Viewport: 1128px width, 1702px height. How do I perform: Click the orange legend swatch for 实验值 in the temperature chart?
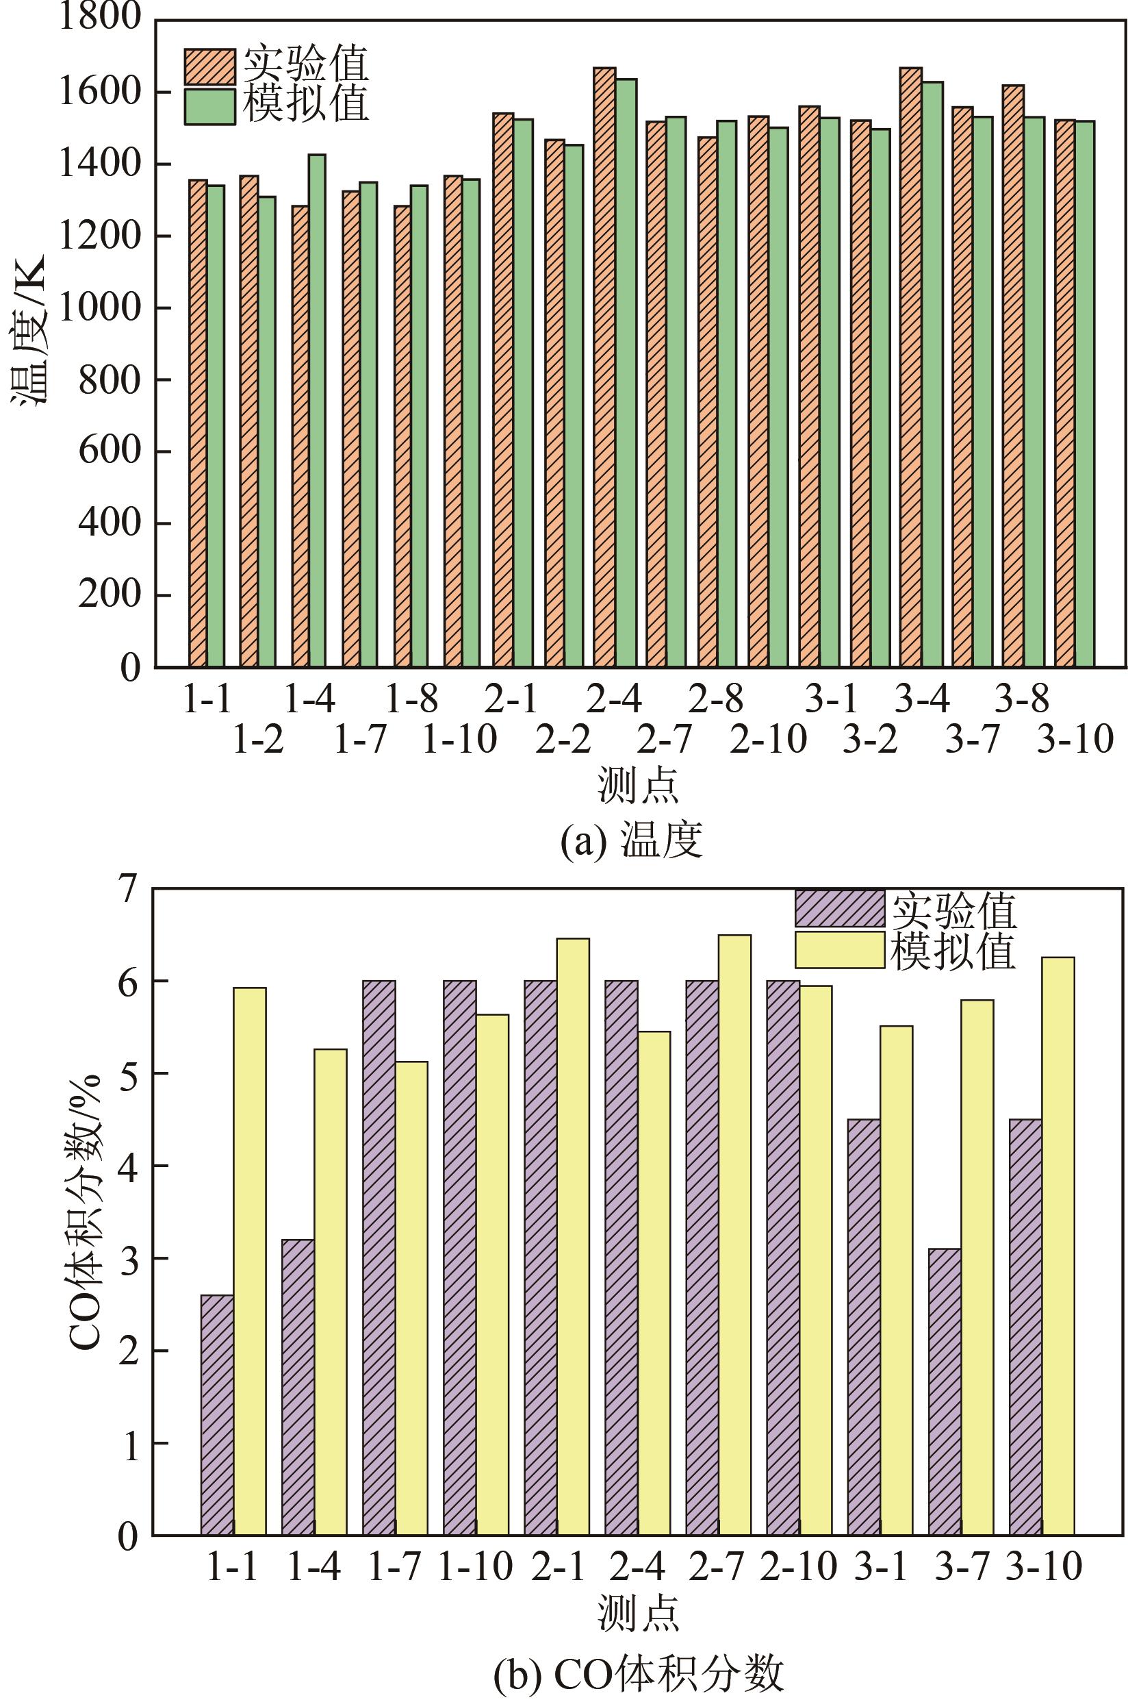(x=209, y=67)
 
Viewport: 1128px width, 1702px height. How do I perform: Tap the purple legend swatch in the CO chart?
(x=838, y=909)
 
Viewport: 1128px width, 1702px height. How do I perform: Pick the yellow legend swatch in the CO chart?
(x=838, y=950)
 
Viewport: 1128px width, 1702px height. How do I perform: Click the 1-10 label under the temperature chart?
(x=459, y=740)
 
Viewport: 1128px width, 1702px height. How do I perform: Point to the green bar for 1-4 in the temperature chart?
(x=316, y=410)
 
